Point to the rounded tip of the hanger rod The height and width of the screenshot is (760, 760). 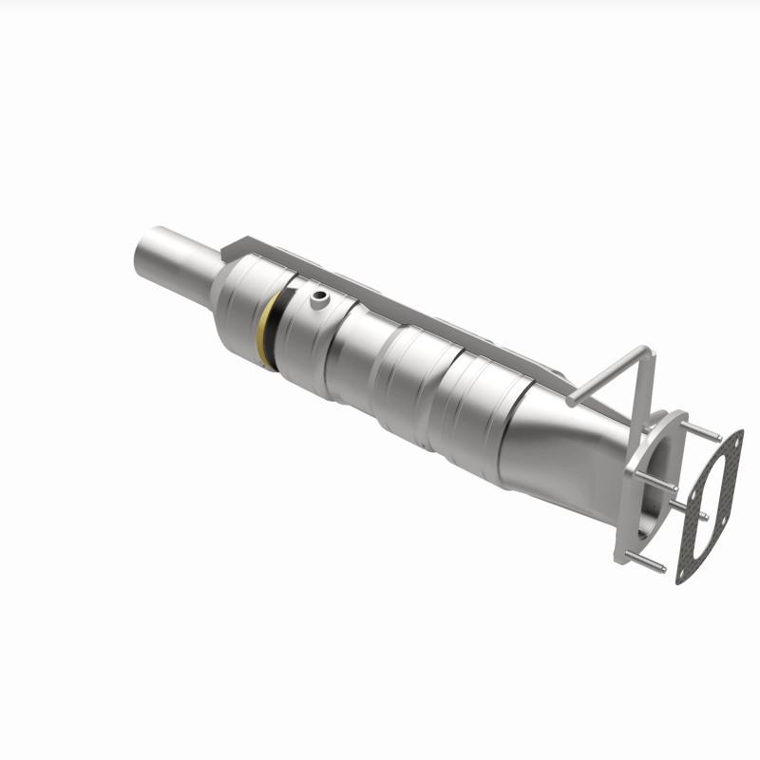pos(573,399)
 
